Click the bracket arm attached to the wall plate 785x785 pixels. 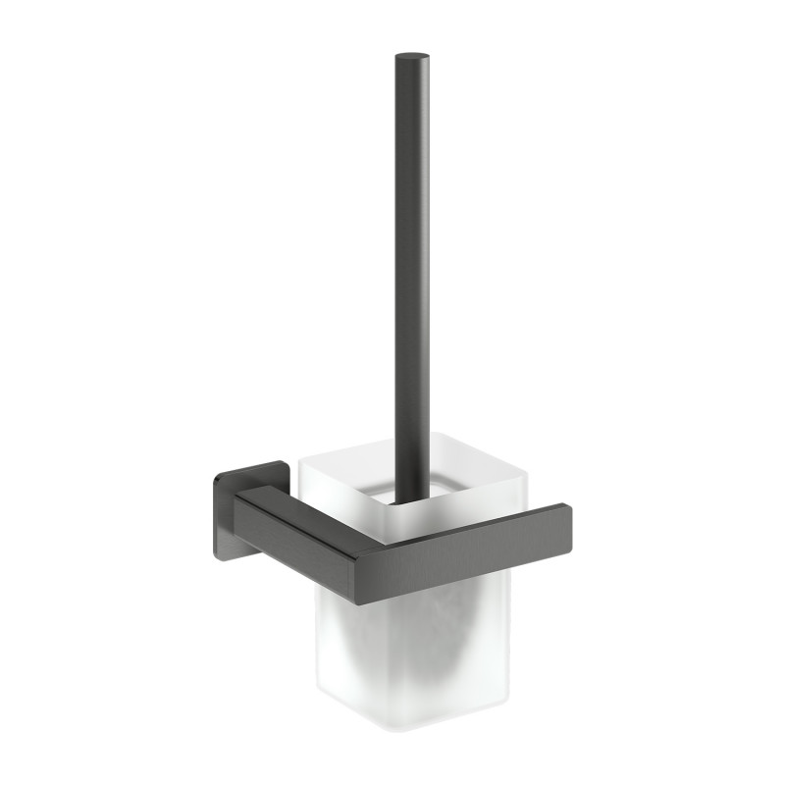[x=294, y=518]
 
